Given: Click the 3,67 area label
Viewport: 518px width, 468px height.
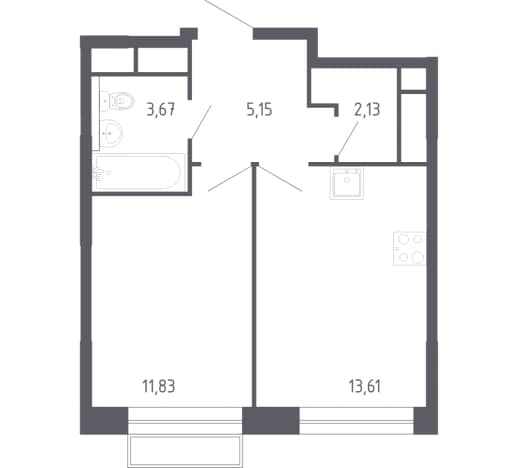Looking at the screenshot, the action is [161, 110].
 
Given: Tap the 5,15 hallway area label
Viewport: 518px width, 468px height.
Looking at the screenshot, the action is [259, 110].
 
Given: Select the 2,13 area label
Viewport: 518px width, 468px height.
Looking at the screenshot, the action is [367, 110].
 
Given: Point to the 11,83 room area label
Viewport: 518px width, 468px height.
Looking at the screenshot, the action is [159, 387].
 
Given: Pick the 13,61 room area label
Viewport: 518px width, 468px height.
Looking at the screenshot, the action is [365, 387].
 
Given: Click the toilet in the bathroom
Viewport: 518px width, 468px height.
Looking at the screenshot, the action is [117, 100].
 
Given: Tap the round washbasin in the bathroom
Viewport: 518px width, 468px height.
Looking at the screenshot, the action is [111, 133].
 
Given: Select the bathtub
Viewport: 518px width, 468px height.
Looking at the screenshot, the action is [139, 172].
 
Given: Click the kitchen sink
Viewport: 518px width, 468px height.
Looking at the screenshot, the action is [347, 184].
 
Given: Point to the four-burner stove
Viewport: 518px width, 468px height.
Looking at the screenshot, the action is [409, 248].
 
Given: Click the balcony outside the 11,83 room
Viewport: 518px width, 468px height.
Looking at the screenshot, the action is [185, 451].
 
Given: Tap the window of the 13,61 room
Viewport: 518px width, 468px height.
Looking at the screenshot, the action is [356, 420].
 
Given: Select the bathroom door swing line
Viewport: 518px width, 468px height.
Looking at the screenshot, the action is [201, 121].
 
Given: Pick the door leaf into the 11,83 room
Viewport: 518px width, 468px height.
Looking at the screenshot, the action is [230, 178].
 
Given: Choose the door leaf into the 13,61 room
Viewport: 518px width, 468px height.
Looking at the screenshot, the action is [281, 178].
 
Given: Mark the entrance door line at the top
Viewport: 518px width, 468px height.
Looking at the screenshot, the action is [229, 14].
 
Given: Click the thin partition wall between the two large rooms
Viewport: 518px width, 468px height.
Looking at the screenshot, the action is [255, 286].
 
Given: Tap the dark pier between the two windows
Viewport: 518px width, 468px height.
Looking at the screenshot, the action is [271, 420].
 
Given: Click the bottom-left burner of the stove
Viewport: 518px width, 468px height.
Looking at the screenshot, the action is [404, 257].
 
